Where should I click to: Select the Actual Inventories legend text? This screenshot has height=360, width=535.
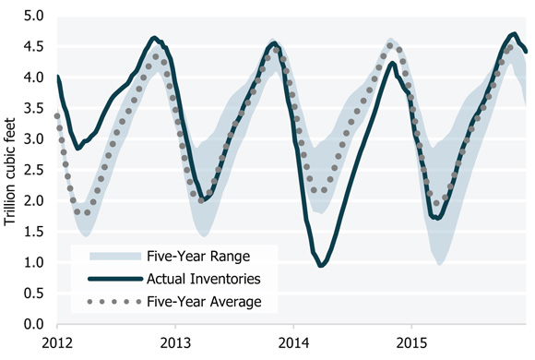click(202, 278)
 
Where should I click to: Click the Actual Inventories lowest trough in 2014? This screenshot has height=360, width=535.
click(321, 266)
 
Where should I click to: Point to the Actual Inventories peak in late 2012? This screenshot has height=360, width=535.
click(154, 38)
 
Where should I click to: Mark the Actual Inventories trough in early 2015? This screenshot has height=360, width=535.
click(436, 218)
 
